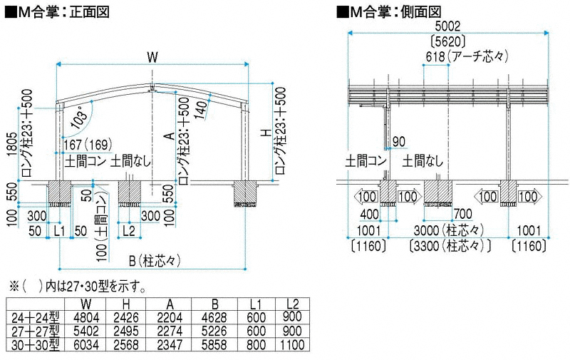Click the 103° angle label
pos(80,117)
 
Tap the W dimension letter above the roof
pos(152,57)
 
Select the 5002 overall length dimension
pos(447,26)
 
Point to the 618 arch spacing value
pos(435,56)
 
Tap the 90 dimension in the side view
pos(399,141)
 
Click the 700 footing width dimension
pos(462,214)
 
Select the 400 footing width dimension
pos(369,214)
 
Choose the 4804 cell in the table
pos(85,317)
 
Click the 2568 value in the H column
pos(126,345)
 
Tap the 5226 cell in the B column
pos(214,331)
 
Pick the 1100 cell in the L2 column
pos(292,344)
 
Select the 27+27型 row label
pos(35,331)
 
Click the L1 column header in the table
pos(256,304)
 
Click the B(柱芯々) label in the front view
pos(155,261)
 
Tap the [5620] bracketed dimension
pos(447,41)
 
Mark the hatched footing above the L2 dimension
pos(130,192)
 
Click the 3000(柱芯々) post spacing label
pos(449,230)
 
